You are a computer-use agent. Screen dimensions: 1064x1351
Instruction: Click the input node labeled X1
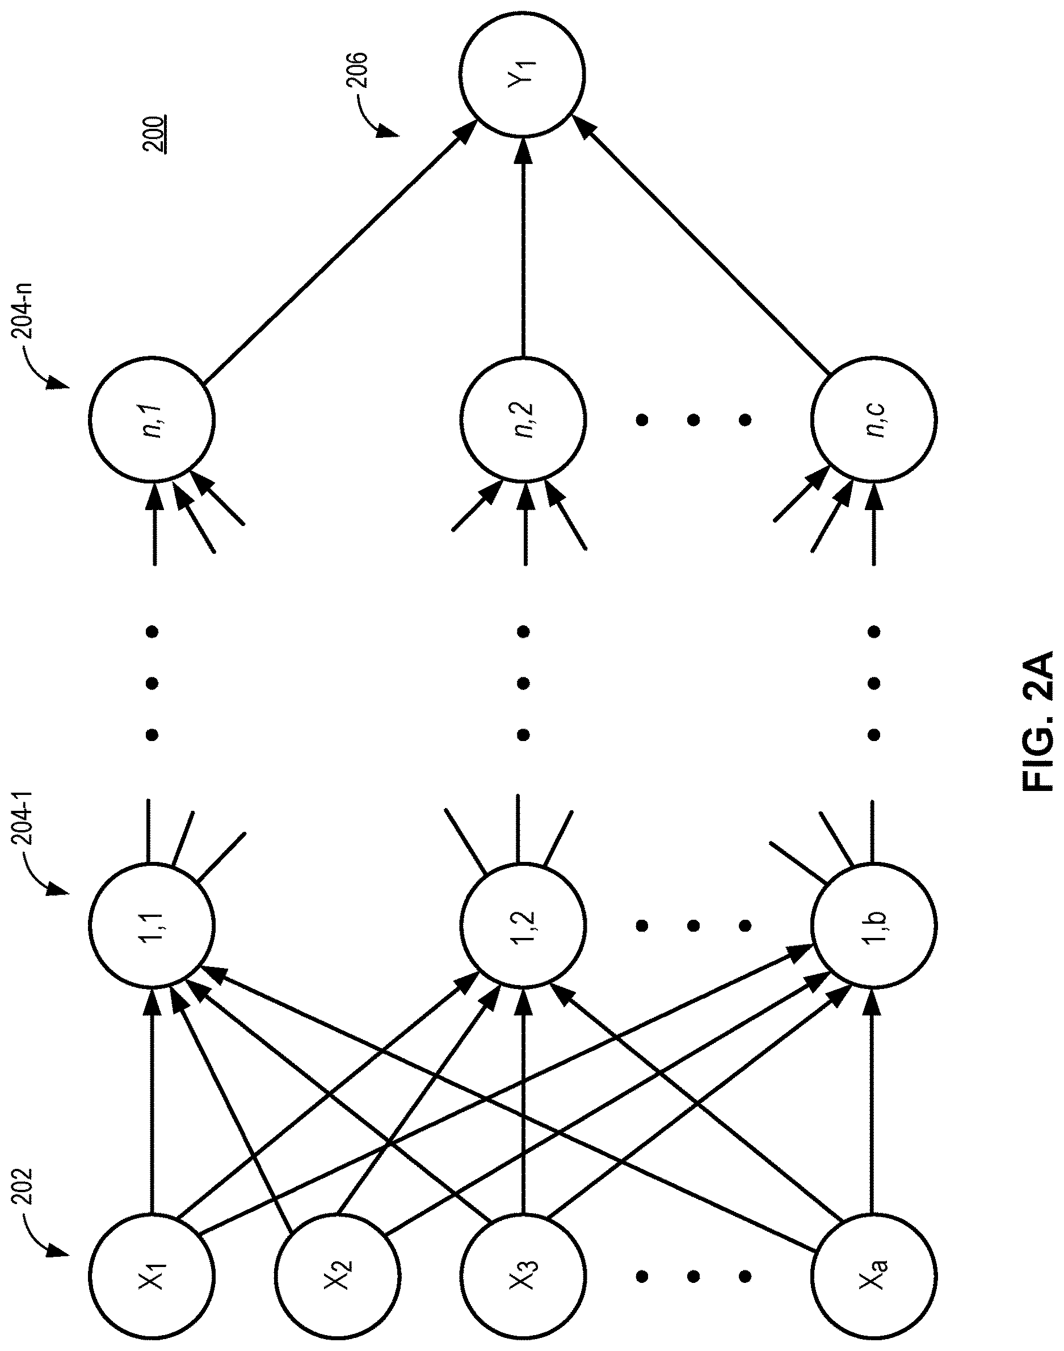click(x=152, y=1261)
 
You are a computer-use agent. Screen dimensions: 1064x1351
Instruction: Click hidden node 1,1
click(x=152, y=924)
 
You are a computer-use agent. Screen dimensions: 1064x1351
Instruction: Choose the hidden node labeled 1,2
click(x=523, y=924)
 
